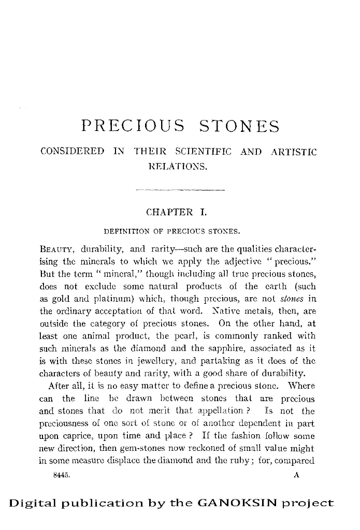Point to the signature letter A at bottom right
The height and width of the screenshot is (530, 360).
296,474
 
